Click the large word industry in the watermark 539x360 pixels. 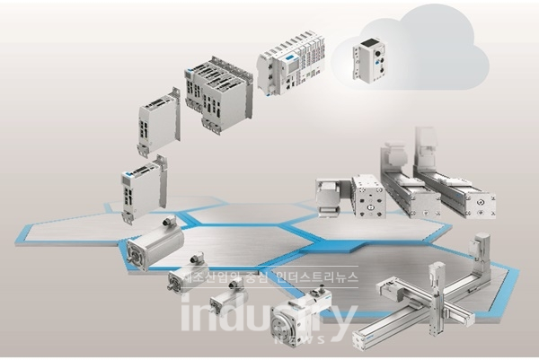coord(269,314)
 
